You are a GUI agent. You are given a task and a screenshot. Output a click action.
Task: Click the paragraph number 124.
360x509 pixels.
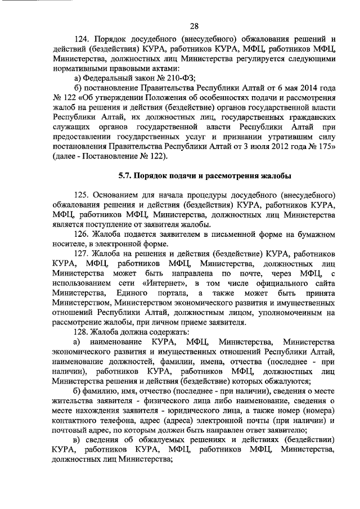(83, 40)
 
